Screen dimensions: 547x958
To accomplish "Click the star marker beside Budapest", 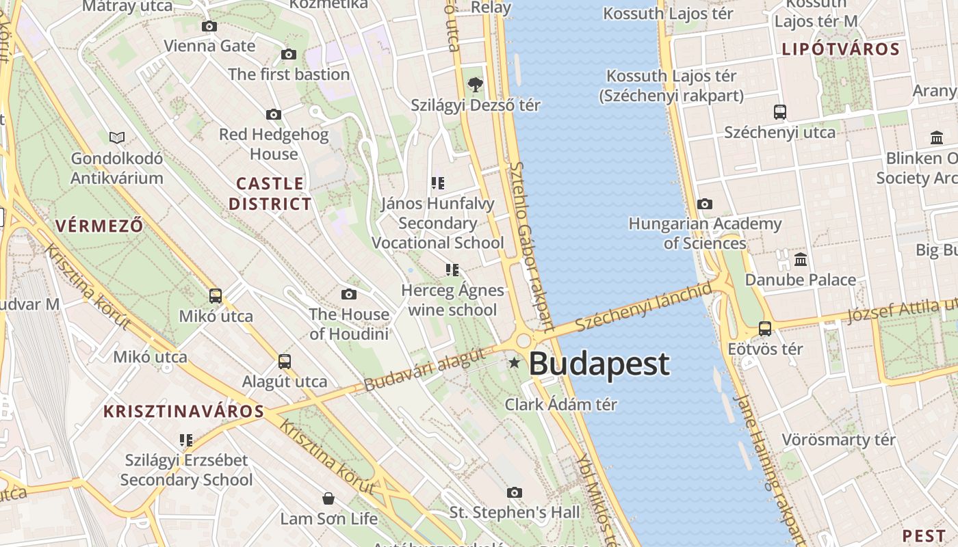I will coord(514,362).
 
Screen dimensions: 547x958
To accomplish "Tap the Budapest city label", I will coord(599,364).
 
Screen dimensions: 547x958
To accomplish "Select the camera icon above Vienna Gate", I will coord(209,27).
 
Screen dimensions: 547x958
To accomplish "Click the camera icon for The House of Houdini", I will coord(349,295).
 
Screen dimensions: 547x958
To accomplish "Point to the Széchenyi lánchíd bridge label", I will coord(643,307).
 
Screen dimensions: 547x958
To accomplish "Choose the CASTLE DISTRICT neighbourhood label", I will coord(270,194).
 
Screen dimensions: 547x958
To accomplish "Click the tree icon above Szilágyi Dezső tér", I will coord(475,85).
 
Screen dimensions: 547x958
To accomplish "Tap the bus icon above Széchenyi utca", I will coord(779,112).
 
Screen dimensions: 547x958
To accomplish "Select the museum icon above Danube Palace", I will coord(801,260).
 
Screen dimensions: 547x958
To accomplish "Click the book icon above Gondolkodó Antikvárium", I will coord(117,138).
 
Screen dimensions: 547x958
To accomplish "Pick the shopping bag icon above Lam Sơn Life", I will coord(328,498).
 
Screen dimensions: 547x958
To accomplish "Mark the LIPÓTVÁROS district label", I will coord(840,49).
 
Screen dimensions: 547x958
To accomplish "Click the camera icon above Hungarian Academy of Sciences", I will coord(704,204).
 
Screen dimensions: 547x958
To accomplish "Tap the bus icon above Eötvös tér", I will coord(765,329).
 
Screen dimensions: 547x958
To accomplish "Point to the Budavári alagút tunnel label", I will coord(426,370).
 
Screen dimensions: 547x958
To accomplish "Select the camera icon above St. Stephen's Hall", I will coord(515,492).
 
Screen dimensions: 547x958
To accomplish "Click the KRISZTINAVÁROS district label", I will coord(183,412).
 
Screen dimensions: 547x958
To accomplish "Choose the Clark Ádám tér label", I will coord(561,405).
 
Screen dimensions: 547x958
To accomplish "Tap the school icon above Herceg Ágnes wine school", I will coord(452,270).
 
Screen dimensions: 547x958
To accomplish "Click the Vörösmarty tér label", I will coord(838,440).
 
